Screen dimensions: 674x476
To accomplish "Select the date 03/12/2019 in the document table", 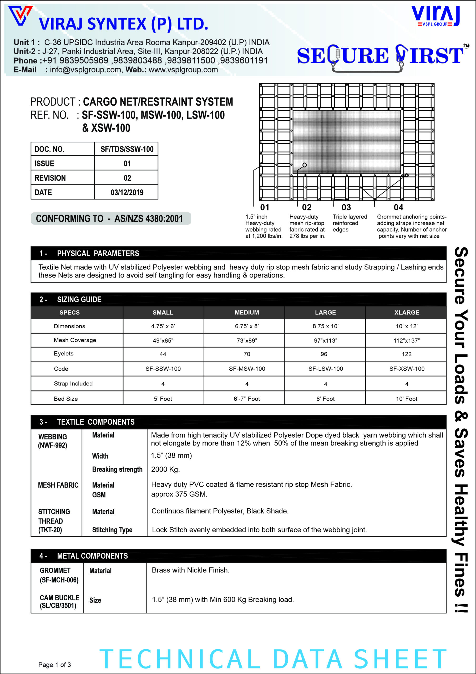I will coord(127,192).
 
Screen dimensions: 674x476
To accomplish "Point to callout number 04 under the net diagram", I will coord(398,207).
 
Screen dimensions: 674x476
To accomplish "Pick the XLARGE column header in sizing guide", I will coord(407,313).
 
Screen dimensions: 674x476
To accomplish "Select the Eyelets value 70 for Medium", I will coord(247,354).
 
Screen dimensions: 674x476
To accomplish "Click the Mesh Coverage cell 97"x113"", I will coord(325,340).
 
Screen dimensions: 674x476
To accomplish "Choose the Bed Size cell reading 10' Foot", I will coord(407,399).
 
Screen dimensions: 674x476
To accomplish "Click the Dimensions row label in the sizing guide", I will coord(69,326).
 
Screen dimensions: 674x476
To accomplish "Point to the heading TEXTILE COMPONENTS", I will coord(96,422).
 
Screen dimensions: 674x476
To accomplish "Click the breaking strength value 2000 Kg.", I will coord(165,469).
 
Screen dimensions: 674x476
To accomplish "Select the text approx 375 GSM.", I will coord(179,494).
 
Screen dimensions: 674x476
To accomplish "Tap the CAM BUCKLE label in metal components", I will coord(59,598).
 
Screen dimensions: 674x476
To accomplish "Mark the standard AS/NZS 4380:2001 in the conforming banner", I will coord(148,219).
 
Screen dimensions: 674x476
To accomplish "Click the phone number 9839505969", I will coord(84,61).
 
